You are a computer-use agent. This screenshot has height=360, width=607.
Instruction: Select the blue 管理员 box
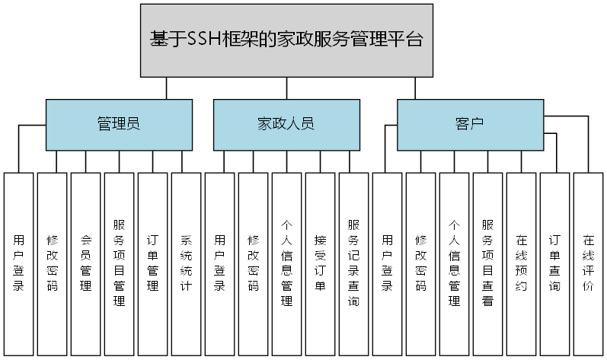tap(118, 124)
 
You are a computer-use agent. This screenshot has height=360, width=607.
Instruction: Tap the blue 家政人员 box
tap(286, 124)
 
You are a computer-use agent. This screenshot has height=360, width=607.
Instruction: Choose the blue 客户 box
tap(470, 124)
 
